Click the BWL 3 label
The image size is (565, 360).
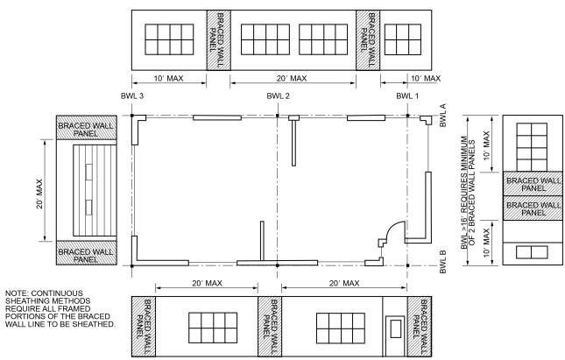click(132, 95)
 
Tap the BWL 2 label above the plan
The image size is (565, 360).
click(278, 95)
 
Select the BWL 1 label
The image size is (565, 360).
click(407, 95)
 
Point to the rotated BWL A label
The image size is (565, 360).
click(443, 116)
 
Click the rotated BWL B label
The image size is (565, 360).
click(443, 262)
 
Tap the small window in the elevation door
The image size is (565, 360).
click(396, 328)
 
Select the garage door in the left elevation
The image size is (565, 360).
click(95, 190)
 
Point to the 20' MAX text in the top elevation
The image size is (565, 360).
click(292, 78)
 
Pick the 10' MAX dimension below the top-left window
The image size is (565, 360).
click(169, 78)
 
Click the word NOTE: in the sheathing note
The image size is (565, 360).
click(15, 293)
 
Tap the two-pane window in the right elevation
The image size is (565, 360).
click(532, 252)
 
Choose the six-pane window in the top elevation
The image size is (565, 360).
click(403, 39)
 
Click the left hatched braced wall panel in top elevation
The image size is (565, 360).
click(219, 40)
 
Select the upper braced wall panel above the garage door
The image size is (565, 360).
click(87, 128)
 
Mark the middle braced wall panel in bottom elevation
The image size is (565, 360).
click(270, 327)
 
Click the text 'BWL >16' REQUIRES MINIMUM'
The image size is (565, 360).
click(464, 193)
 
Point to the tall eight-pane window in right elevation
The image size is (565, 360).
click(532, 147)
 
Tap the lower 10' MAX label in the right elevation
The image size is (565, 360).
click(486, 243)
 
